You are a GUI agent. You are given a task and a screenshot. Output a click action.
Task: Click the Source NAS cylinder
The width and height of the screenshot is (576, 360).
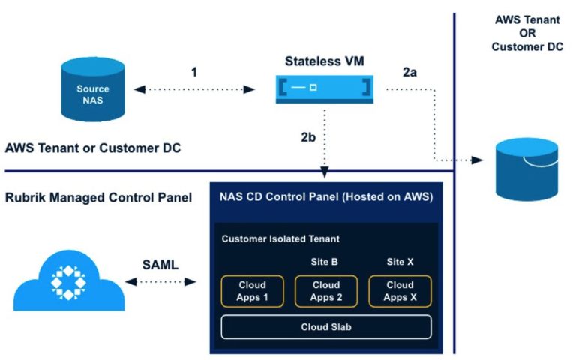[93, 94]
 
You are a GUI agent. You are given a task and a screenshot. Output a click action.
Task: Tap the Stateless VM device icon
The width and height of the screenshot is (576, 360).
[324, 88]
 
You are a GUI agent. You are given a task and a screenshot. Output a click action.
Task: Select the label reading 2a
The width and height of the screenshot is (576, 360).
[409, 73]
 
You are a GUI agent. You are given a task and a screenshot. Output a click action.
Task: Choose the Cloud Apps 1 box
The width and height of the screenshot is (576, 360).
[252, 291]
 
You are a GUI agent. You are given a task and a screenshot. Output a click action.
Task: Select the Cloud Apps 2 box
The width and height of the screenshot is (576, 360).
[325, 291]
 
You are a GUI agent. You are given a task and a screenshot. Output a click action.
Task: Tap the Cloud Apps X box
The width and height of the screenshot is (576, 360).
[400, 291]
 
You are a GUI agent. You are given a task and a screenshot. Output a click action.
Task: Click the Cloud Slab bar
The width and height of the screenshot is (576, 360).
[325, 327]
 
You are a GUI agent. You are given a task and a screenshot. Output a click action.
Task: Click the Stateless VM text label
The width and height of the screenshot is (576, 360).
[325, 61]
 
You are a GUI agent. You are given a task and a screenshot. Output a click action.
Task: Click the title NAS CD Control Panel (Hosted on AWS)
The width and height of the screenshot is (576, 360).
[325, 198]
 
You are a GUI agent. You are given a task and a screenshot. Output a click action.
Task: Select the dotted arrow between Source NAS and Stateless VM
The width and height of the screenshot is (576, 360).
[195, 89]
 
